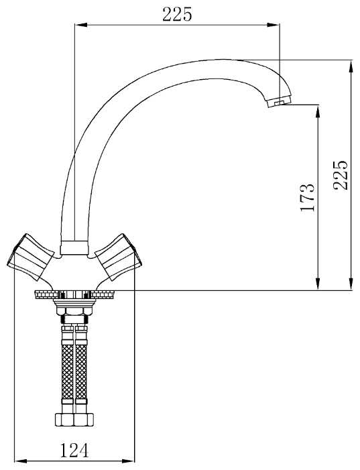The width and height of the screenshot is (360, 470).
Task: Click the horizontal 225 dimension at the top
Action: coord(177,14)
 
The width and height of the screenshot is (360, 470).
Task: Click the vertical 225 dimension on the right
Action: coord(341,176)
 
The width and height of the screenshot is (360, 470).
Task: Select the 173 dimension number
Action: coord(308,198)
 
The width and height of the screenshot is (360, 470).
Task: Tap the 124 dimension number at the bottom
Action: coord(74,450)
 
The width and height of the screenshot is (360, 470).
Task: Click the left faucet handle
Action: coord(31,257)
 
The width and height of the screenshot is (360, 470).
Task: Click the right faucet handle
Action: coord(118,257)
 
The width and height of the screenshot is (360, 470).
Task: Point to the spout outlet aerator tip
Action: coord(279,102)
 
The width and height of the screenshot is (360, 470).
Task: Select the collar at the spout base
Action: coord(74,247)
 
